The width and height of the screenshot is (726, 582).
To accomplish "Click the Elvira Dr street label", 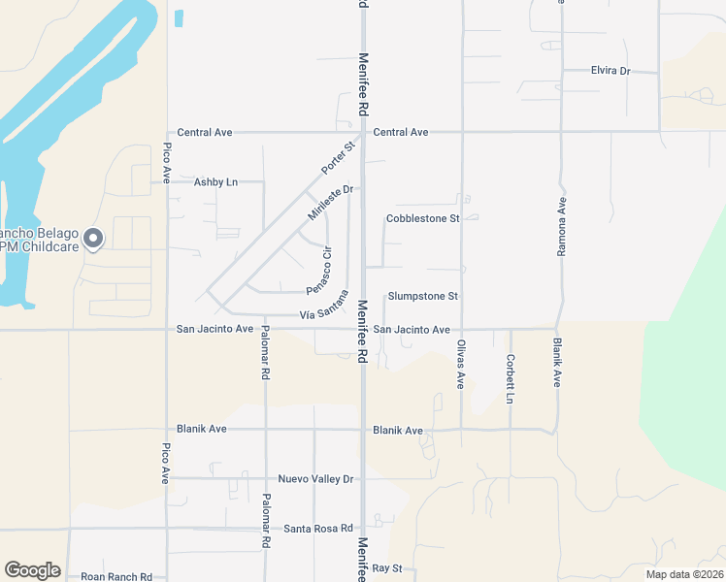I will point(610,71).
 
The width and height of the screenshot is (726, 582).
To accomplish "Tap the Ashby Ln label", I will point(215,181).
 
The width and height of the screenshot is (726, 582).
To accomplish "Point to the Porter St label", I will point(339,159).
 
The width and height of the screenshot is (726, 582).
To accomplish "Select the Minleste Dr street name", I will point(328,202).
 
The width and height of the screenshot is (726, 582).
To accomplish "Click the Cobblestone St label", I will point(422,218).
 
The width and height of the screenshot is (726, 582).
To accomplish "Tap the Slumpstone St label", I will point(422,296).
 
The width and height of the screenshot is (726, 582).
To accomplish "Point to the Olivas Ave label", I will point(462,364).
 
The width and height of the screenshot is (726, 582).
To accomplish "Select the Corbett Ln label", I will point(510,378).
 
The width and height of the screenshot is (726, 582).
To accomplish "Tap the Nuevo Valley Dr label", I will point(316,478).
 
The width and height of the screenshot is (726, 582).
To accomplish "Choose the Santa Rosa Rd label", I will point(315,529).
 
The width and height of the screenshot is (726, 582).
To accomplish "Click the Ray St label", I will point(386,567).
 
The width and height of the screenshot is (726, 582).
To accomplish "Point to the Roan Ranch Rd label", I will point(116,577).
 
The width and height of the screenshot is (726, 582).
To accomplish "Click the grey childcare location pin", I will point(93,239).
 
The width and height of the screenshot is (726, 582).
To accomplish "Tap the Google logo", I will point(32,570).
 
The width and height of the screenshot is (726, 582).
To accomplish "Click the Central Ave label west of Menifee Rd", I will point(204,132).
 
